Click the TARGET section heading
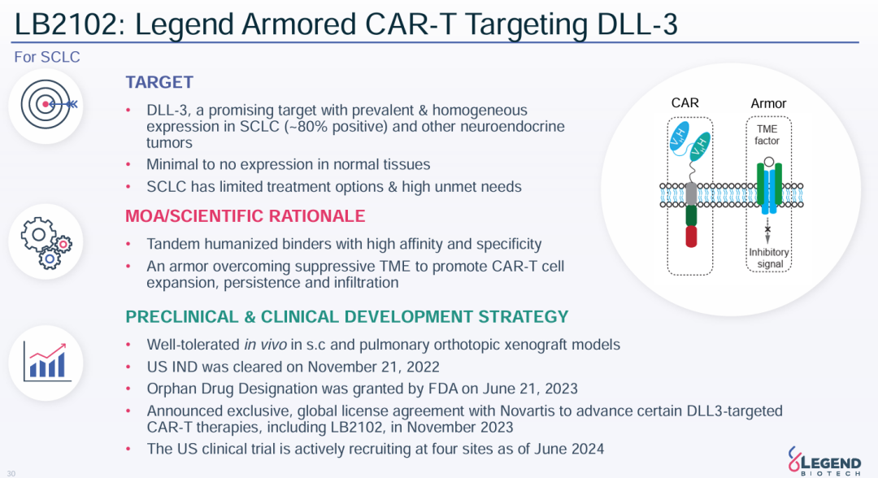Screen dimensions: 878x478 click(159, 82)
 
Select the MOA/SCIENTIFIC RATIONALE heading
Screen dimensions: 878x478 click(245, 216)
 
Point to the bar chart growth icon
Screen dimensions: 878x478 click(46, 362)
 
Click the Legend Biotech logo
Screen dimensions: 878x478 click(824, 460)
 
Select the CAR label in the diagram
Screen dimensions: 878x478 click(685, 103)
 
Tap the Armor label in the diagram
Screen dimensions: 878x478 click(768, 103)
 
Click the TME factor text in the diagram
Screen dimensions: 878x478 click(767, 135)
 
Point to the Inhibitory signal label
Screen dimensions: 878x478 click(769, 258)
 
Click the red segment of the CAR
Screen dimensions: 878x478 click(691, 237)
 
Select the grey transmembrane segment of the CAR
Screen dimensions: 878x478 click(691, 194)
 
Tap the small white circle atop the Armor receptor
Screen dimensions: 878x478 click(769, 163)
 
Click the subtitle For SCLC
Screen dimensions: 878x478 click(47, 57)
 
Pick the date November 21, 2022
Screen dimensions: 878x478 click(373, 367)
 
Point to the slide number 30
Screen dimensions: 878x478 click(11, 473)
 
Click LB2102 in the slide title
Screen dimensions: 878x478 click(67, 24)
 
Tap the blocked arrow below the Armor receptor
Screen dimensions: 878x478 click(767, 231)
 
